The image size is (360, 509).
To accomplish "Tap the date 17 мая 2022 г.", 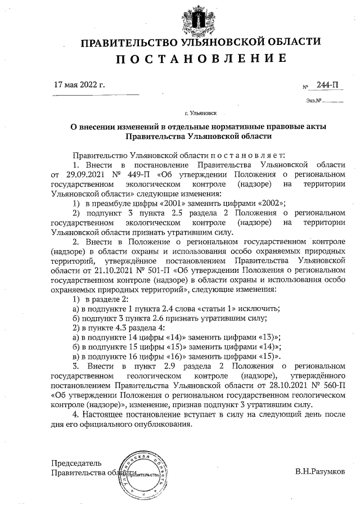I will [x=79, y=85].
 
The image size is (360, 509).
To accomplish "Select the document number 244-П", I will [x=327, y=85].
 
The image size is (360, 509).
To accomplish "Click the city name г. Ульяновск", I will [x=200, y=112].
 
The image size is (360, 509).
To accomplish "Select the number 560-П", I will [x=334, y=384].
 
